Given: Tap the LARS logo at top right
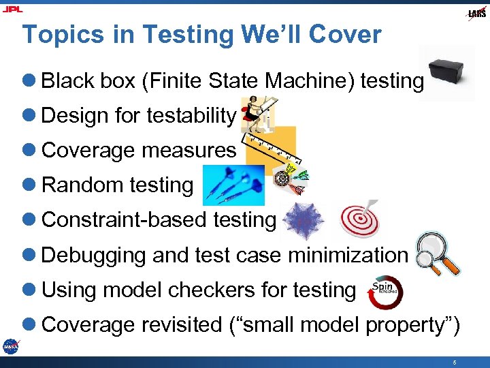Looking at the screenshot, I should point(476,13).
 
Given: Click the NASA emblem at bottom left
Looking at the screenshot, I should point(10,346).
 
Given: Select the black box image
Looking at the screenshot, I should point(448,74).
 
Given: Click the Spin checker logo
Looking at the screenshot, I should point(385,292).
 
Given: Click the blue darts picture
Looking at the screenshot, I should point(233,184).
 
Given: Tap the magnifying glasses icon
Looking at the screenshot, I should point(438,254).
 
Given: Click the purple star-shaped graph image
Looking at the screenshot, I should point(301,222).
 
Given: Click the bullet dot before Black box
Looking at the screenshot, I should point(31,81).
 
